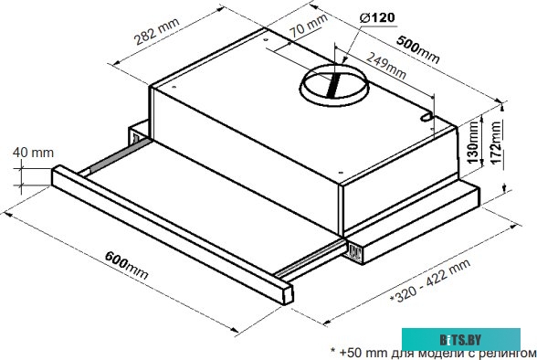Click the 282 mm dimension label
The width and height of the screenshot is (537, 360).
pos(156,31)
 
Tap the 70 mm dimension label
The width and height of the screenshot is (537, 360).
pos(309,26)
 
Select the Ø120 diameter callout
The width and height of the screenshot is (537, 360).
pos(377,17)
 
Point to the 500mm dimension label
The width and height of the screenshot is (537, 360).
pos(417,49)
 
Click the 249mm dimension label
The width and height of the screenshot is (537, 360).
pos(386,65)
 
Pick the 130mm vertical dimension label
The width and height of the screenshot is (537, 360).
pos(473,142)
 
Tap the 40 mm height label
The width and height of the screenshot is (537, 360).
pos(33,153)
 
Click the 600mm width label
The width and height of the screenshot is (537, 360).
pos(126,264)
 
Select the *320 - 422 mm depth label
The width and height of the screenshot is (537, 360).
pos(430,281)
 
